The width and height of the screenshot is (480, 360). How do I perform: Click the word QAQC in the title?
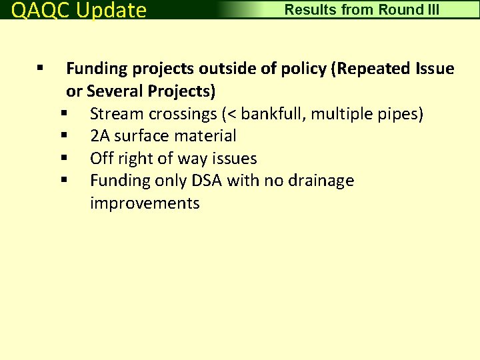[x=41, y=11]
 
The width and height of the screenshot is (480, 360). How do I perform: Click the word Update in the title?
[x=111, y=11]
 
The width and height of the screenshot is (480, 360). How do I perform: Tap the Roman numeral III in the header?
[x=431, y=10]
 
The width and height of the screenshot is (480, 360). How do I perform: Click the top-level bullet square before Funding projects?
[x=41, y=68]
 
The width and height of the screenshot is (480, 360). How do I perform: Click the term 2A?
[x=101, y=136]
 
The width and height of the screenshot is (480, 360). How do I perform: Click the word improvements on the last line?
[x=145, y=203]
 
